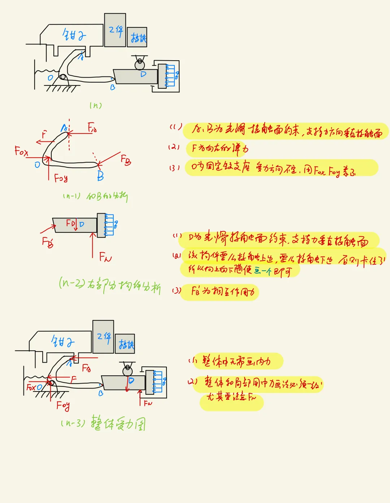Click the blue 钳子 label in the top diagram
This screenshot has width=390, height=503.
74,35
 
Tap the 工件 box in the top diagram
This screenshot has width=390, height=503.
115,30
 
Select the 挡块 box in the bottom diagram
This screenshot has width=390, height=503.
125,344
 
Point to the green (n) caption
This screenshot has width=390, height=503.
96,105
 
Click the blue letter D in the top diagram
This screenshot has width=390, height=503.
143,74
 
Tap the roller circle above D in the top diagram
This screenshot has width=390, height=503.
139,65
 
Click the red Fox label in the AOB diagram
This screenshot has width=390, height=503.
21,151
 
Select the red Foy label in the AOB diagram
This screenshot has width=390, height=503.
61,178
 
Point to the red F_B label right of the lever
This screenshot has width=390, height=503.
126,159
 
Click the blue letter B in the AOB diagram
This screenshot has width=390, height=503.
100,176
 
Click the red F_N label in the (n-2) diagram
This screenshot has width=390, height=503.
105,257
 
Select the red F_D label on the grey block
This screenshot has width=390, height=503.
71,224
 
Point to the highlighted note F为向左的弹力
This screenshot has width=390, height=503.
220,148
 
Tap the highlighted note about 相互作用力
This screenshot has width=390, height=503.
222,292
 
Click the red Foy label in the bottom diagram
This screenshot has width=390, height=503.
63,406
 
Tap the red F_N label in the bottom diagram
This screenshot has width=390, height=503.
148,403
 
